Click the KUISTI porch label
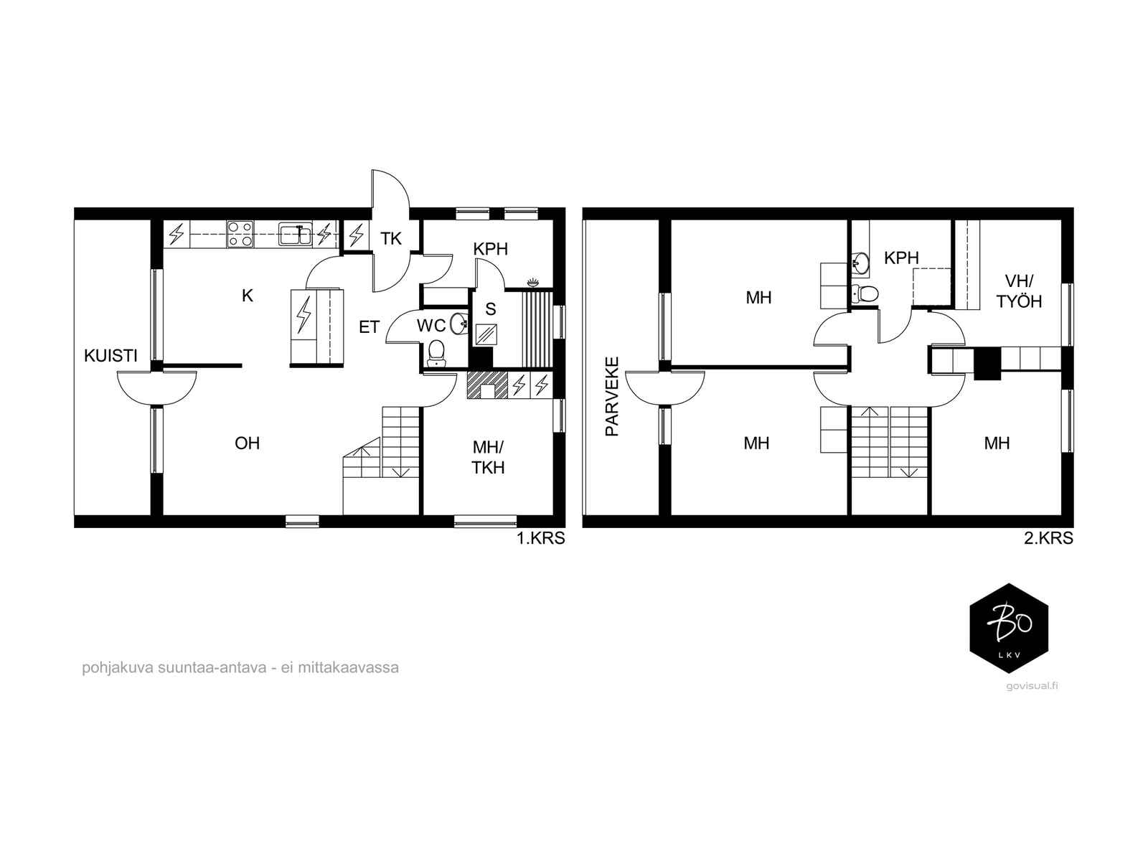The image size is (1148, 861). tap(110, 356)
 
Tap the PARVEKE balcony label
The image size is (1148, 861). tap(611, 397)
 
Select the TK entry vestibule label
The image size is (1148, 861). tap(391, 239)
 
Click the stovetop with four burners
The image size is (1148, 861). tap(240, 234)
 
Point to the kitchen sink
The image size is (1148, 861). tap(296, 234)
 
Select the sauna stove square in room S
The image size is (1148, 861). tap(486, 335)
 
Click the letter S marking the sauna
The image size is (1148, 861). tap(490, 309)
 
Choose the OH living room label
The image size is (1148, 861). tap(247, 443)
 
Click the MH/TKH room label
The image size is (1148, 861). tap(488, 458)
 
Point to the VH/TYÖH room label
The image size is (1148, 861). tap(1019, 291)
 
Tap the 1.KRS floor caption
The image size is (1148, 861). tap(541, 538)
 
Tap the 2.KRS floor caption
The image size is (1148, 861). tap(1048, 538)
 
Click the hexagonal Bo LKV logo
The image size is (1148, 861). tap(1009, 628)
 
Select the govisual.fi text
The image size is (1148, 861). tap(1032, 687)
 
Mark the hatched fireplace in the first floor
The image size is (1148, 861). tap(487, 385)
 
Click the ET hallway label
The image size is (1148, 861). tap(369, 327)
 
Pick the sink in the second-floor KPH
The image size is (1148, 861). tap(860, 262)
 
